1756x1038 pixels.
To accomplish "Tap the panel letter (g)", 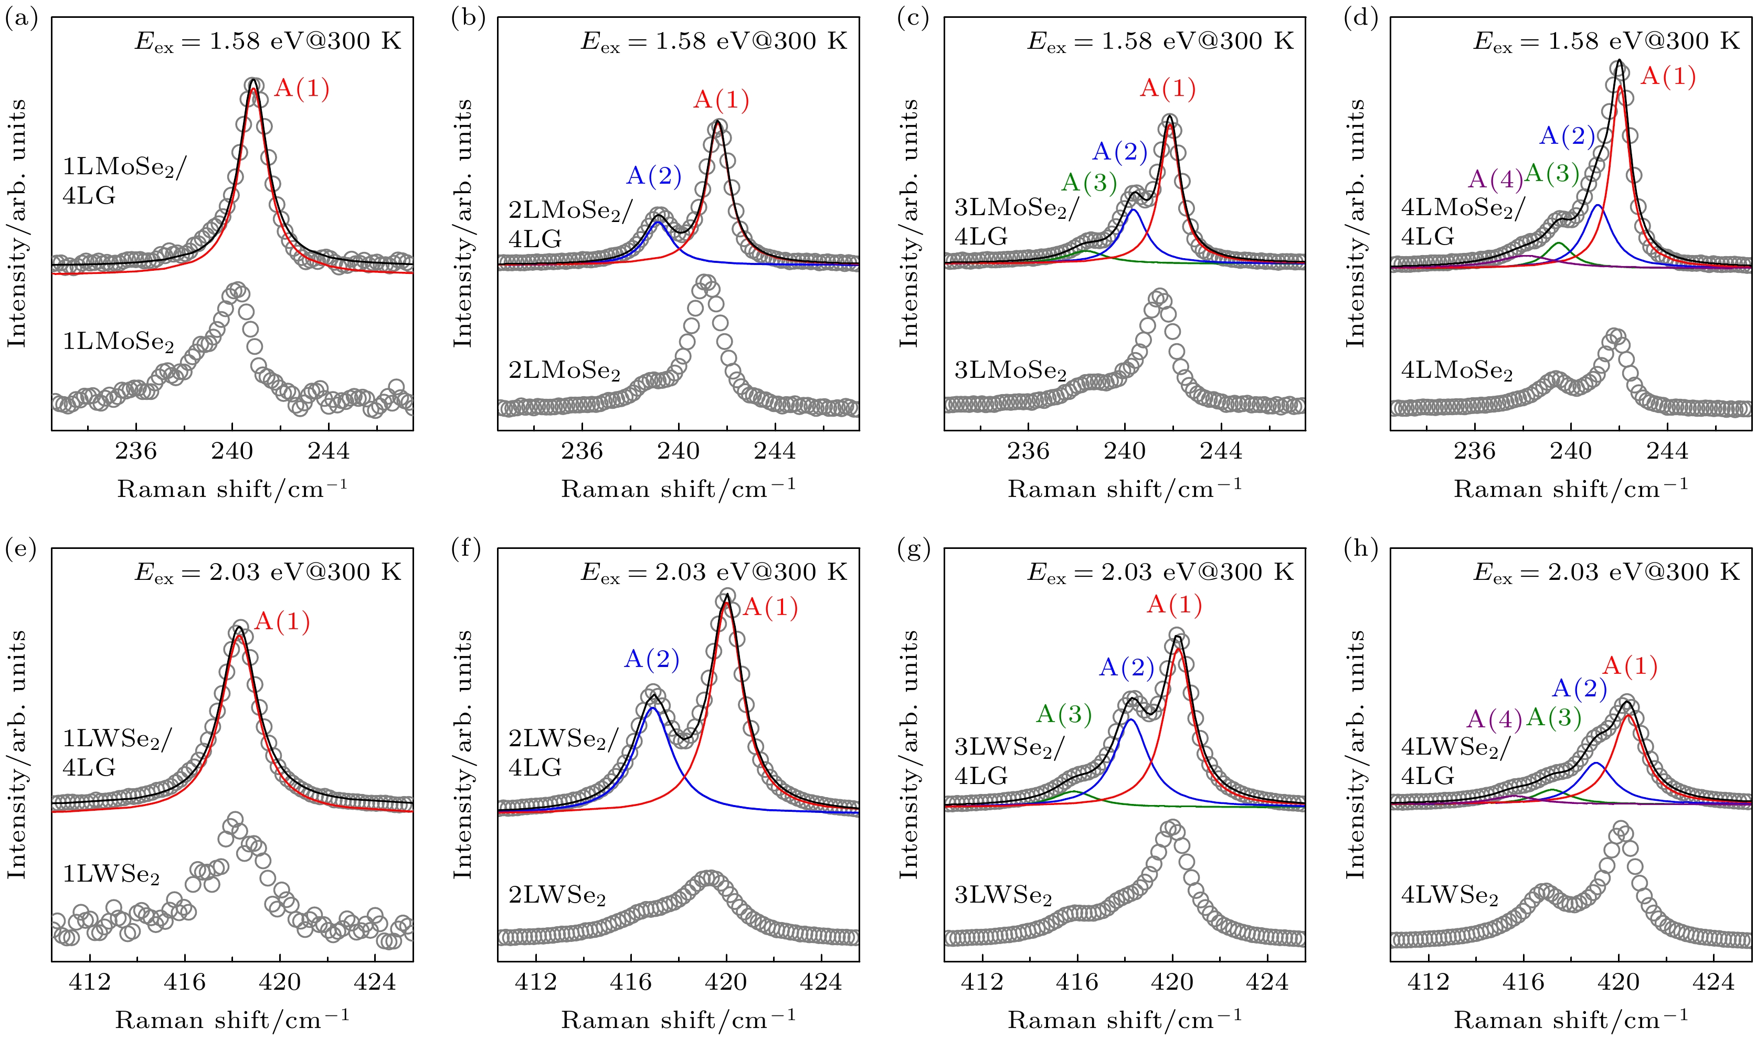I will coord(913,550).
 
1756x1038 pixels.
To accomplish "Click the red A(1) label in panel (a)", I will coord(301,89).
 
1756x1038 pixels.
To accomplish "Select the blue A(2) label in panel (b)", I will coord(653,176).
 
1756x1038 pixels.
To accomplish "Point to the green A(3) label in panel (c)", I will coord(1089,183).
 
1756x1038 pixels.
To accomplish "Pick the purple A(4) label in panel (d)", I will coord(1495,180).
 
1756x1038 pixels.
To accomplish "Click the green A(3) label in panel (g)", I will coord(1064,714).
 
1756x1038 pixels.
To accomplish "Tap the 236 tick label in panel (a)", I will coord(136,451).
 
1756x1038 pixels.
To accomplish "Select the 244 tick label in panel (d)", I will coord(1667,451).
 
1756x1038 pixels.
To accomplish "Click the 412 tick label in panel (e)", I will coord(90,982).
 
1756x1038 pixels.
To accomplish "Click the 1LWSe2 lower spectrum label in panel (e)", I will coord(111,875).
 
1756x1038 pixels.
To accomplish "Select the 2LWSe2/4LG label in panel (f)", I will coord(564,754).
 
